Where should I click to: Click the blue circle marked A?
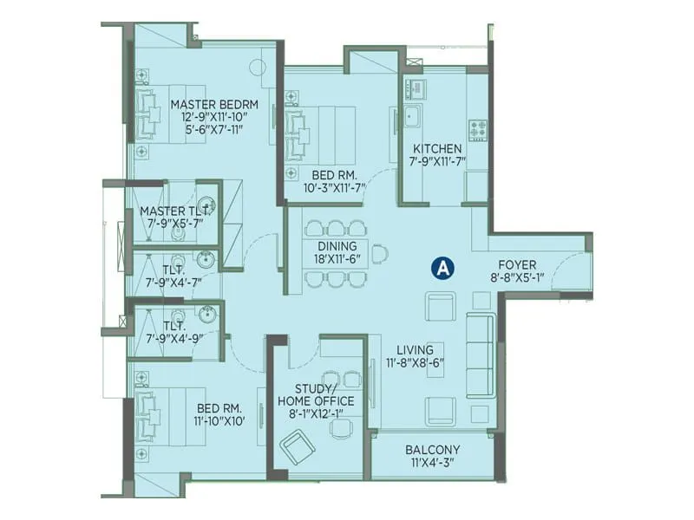[442, 269]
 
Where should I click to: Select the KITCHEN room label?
[436, 148]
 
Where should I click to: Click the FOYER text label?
[516, 265]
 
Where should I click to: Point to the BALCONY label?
[432, 450]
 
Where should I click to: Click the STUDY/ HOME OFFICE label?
[315, 394]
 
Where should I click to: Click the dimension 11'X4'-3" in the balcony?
[432, 464]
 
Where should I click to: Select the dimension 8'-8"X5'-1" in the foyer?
[516, 279]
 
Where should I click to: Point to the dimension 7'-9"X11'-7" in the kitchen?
[436, 162]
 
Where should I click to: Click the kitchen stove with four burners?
[478, 129]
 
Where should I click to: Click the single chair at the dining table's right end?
[380, 254]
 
